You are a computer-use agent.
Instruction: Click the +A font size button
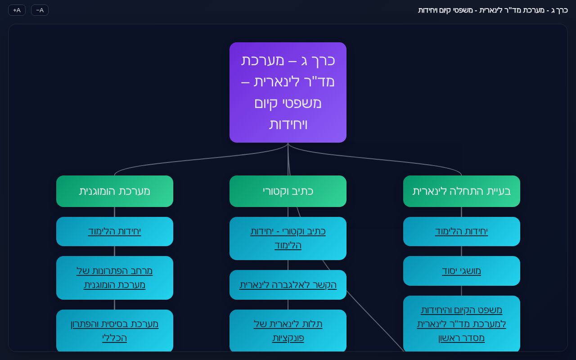tap(17, 10)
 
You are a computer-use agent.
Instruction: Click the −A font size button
tap(40, 10)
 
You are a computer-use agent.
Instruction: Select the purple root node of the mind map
tap(288, 92)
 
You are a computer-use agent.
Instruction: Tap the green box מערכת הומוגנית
tap(114, 191)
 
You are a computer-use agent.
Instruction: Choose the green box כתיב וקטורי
tap(288, 191)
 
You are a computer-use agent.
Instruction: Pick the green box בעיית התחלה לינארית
tap(461, 191)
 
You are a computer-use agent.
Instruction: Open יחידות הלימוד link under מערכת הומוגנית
tap(114, 231)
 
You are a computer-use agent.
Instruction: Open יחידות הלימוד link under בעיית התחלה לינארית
tap(461, 231)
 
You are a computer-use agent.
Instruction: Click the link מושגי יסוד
tap(461, 271)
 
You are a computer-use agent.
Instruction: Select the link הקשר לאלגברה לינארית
tap(288, 285)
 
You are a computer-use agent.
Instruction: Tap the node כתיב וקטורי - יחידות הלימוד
tap(288, 238)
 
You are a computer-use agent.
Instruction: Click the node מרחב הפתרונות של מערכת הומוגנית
tap(114, 278)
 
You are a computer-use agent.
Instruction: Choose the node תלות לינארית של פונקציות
tap(288, 331)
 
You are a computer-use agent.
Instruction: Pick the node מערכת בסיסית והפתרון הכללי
tap(114, 331)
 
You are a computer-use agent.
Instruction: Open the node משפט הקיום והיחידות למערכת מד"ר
tap(461, 324)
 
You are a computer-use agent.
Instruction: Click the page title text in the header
tap(493, 10)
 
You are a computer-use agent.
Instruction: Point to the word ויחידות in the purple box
tap(288, 125)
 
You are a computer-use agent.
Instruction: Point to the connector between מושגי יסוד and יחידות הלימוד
tap(461, 251)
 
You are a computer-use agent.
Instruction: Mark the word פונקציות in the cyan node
tap(288, 338)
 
